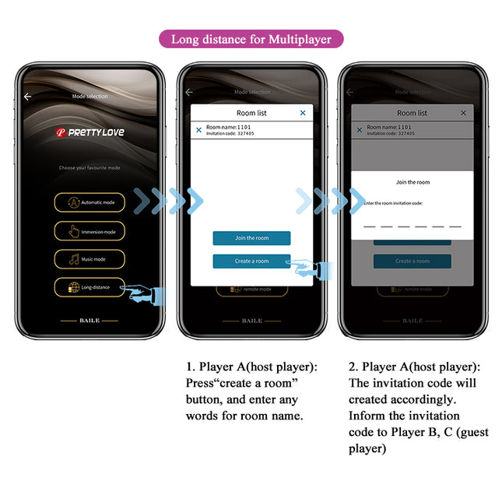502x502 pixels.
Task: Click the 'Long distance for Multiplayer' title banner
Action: click(x=251, y=39)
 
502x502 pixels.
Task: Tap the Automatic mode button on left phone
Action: click(x=90, y=202)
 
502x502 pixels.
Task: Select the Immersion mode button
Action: click(x=90, y=231)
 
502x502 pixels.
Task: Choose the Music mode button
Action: click(x=90, y=259)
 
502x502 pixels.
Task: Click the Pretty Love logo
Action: click(x=90, y=132)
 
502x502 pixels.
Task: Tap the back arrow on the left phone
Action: click(x=28, y=97)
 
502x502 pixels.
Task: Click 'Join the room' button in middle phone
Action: click(x=251, y=238)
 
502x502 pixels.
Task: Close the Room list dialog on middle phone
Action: click(x=303, y=113)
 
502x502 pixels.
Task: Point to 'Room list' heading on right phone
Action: click(x=412, y=113)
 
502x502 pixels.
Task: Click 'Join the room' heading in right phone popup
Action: click(x=412, y=182)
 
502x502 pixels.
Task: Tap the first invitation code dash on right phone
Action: click(x=370, y=226)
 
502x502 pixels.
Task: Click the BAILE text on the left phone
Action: click(x=90, y=321)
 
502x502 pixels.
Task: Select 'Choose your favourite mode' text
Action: click(x=90, y=168)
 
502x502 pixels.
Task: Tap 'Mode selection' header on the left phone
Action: click(x=90, y=97)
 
